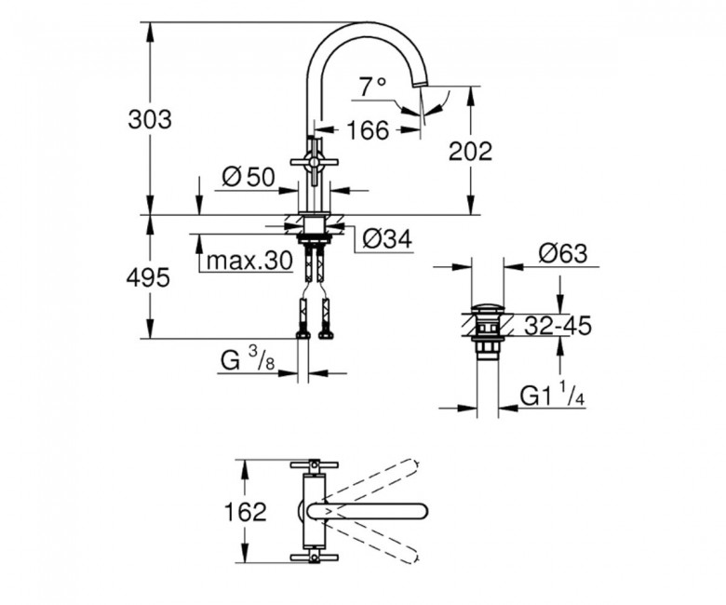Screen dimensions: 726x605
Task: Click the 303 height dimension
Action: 150,119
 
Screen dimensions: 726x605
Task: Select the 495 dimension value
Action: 149,277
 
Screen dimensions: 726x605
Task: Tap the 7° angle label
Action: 372,87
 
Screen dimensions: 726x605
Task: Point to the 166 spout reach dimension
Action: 368,130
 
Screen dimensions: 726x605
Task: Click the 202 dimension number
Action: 470,151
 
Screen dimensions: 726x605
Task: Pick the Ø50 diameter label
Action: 249,177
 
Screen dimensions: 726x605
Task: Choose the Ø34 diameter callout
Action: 387,239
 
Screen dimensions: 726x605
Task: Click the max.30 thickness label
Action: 249,261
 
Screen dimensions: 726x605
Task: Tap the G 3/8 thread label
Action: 248,359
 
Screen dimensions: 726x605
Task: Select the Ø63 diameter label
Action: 563,253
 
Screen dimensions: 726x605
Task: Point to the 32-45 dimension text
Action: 558,326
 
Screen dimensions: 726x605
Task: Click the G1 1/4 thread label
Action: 552,395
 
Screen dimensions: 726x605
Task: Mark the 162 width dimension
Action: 245,512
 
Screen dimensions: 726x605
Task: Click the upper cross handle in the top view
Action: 314,464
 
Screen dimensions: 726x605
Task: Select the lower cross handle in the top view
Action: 314,557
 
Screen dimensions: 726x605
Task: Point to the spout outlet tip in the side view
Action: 419,84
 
